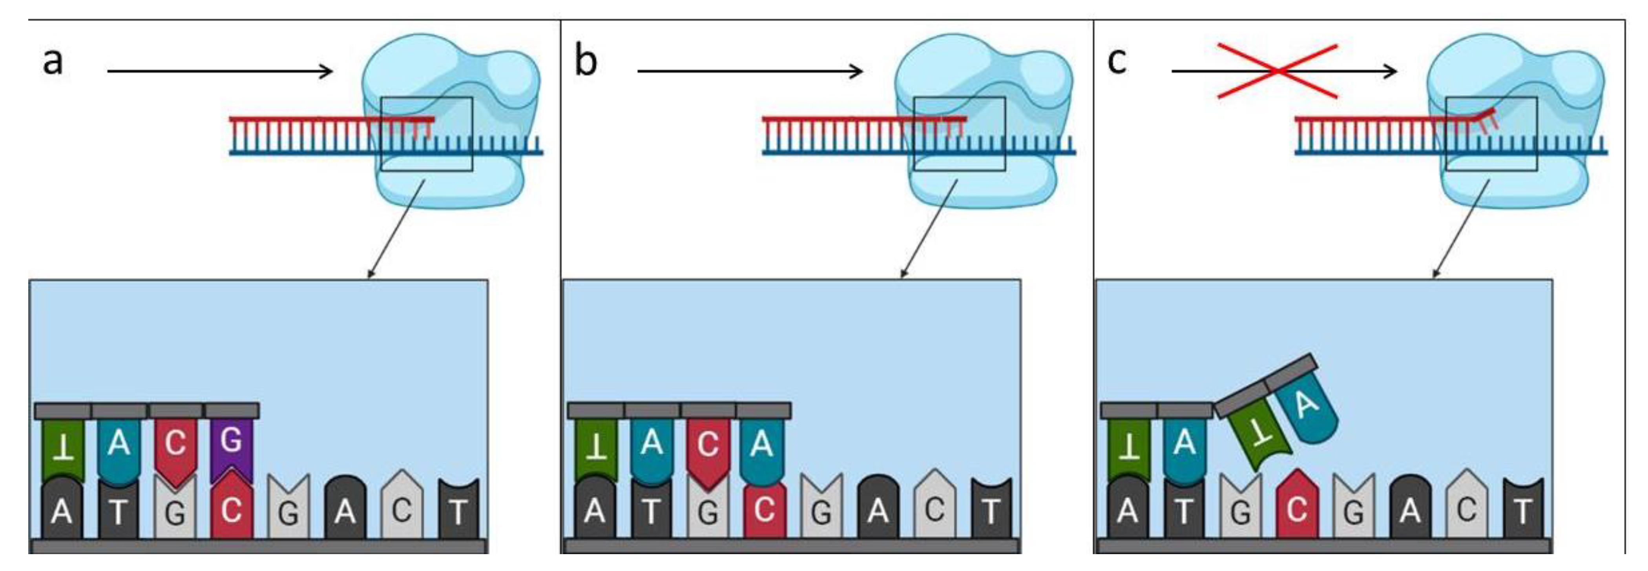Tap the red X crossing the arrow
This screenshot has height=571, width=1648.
click(x=1277, y=71)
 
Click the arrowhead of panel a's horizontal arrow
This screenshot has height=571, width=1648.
click(x=326, y=71)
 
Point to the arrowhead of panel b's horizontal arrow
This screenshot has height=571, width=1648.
click(x=857, y=71)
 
